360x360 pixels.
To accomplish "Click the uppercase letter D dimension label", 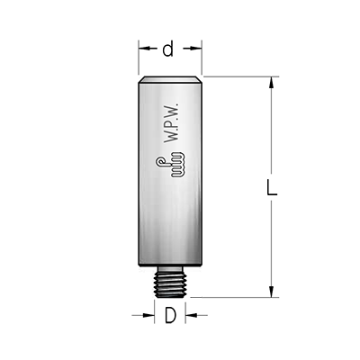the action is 170,315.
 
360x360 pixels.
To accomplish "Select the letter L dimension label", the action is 272,187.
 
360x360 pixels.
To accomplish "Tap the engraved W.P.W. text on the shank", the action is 172,122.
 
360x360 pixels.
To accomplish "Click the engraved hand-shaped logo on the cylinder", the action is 170,165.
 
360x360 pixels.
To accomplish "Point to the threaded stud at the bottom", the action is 170,283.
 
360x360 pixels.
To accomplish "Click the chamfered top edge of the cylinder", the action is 170,79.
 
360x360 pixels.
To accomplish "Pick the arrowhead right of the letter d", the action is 194,49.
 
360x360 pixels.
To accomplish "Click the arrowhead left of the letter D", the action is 148,315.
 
